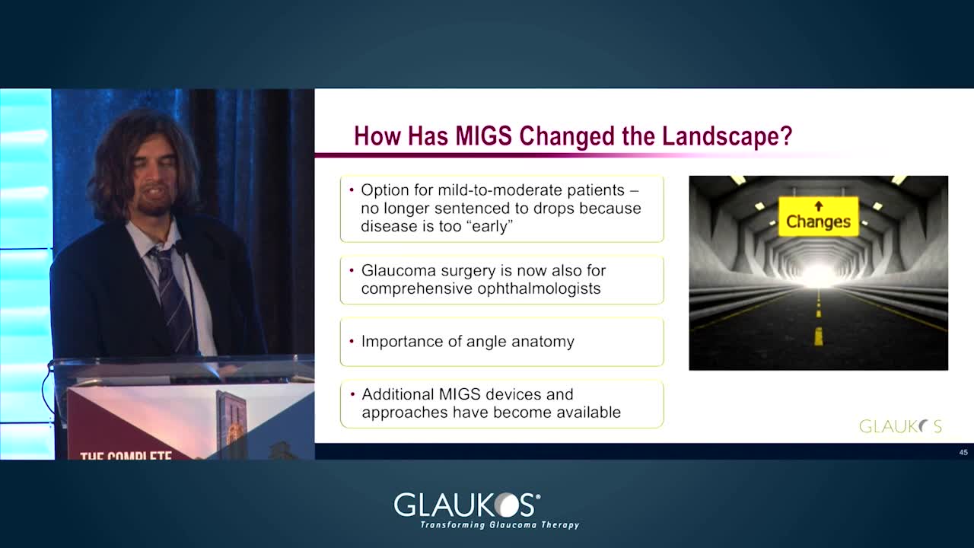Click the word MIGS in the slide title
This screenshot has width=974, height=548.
click(483, 135)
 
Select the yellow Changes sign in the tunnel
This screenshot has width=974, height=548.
click(818, 217)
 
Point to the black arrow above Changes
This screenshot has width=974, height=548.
click(819, 205)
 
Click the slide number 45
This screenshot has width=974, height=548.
click(963, 452)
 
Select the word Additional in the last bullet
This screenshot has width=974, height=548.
click(398, 394)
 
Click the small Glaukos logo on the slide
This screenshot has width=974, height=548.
click(900, 426)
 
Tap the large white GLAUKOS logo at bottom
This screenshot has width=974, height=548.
click(467, 505)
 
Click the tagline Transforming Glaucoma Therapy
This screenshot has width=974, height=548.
click(500, 524)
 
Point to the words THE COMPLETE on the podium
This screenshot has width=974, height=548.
click(126, 455)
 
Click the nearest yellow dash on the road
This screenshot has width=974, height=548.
click(818, 336)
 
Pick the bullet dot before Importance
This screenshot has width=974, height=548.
click(352, 342)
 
